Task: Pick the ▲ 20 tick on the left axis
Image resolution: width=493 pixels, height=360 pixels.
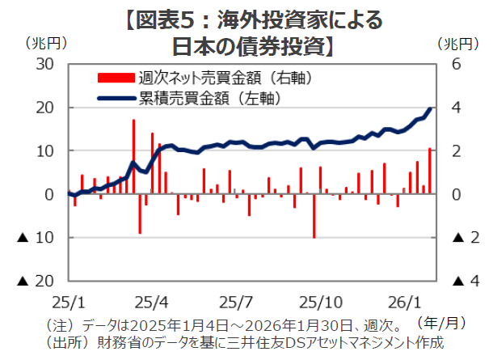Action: (x=36, y=281)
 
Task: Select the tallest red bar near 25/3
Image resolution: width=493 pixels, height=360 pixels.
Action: (x=133, y=154)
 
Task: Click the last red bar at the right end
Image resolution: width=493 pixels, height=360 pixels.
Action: (x=429, y=171)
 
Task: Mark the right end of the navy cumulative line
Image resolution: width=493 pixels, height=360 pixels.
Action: (x=430, y=108)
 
